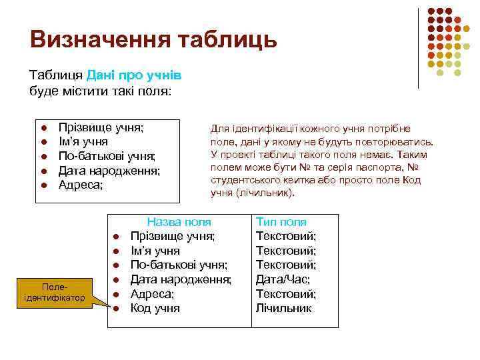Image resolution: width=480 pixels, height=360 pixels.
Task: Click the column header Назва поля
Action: tap(179, 222)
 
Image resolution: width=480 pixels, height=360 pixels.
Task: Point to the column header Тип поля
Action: tap(281, 222)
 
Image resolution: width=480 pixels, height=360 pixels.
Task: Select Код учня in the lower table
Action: tap(155, 308)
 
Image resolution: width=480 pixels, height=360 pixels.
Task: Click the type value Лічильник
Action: tap(283, 308)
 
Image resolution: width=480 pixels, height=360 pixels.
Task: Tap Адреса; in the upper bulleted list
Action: tap(81, 185)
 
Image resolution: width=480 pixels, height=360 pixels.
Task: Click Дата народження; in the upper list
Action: tap(109, 171)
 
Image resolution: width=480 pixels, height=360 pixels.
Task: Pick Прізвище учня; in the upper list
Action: tap(101, 127)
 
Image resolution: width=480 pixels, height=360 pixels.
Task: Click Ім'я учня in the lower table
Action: tap(155, 251)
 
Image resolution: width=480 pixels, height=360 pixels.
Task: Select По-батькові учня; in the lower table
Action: tap(179, 265)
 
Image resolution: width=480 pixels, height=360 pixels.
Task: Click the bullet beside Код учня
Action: tap(115, 309)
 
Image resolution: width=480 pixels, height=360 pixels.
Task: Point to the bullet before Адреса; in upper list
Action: tap(41, 185)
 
